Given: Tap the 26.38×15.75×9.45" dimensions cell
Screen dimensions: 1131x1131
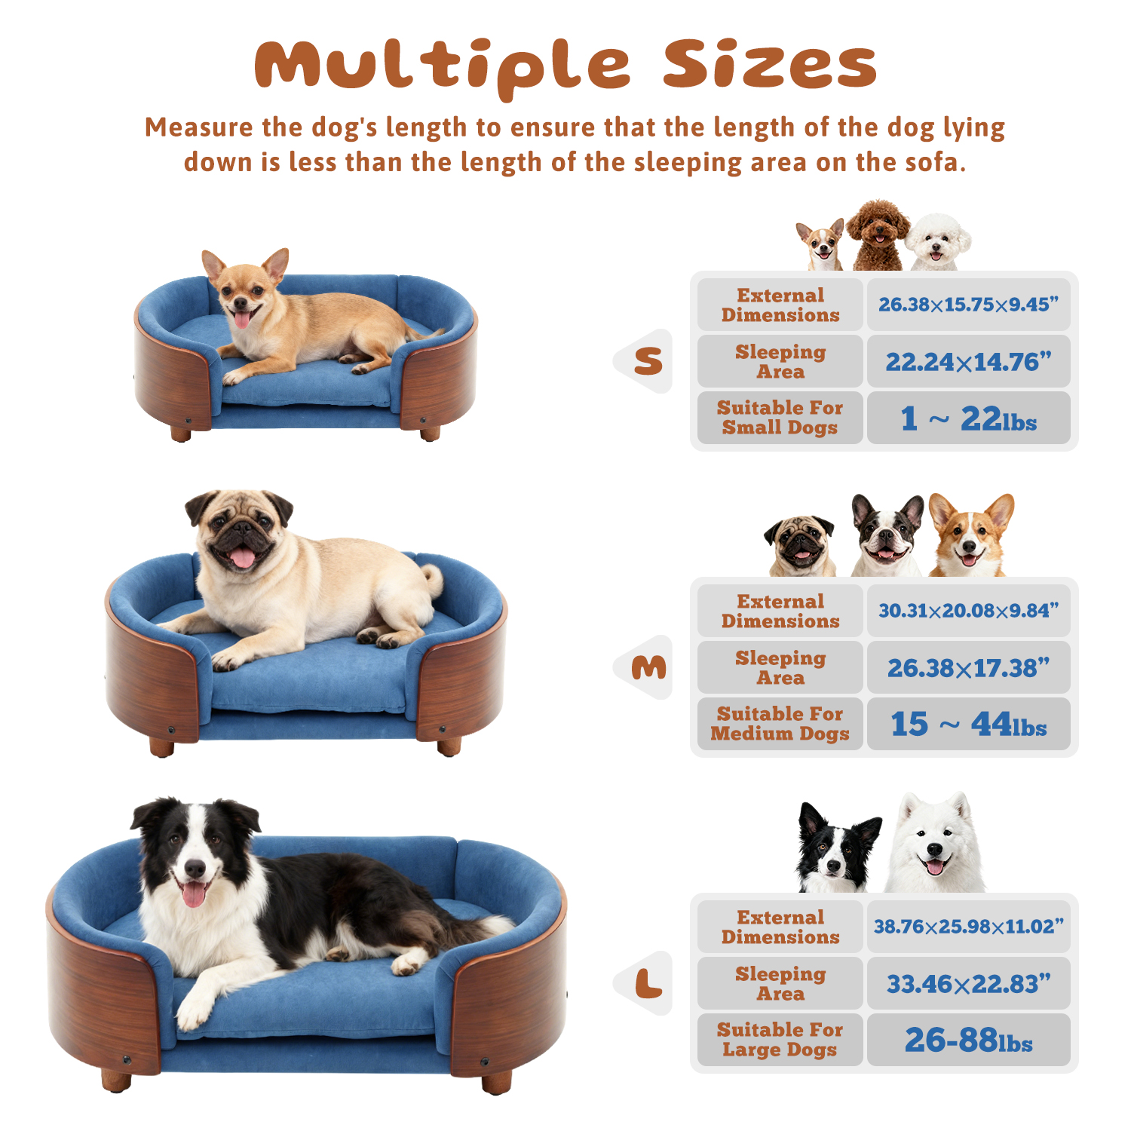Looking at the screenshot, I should pos(968,305).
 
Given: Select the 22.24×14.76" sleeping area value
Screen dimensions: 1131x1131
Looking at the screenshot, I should pos(968,362).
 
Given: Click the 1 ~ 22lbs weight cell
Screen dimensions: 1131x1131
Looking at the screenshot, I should pos(968,418).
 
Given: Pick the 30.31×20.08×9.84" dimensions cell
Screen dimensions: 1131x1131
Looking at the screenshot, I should pos(968,611).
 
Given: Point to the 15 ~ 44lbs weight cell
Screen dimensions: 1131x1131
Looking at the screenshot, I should pos(968,725).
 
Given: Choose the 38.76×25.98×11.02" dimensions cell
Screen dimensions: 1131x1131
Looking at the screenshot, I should pos(968,927).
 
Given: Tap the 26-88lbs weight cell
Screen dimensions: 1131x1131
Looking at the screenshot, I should pos(968,1041).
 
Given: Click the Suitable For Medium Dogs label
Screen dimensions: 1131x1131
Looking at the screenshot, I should pos(780,724).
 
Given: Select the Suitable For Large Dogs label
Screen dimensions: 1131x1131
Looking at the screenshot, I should pos(780,1040).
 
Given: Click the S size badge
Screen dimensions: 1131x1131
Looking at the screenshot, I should pos(647,361).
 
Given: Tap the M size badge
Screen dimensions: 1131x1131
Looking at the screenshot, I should pos(648,667).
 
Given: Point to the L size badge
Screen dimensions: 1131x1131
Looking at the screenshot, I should pos(647,983).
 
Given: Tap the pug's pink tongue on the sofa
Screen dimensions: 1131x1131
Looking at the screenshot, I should pos(242,558).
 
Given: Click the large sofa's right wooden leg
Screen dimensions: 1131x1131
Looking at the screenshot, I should pos(496,1083).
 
